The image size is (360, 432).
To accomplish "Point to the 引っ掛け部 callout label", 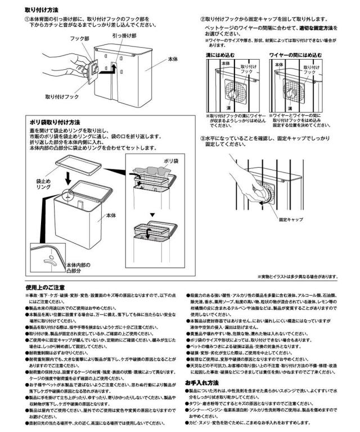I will tap(124, 35).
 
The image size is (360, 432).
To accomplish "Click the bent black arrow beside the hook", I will tap(115, 68).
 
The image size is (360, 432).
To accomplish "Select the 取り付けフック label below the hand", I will tap(62, 97).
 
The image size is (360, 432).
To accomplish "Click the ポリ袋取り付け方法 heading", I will tap(55, 122).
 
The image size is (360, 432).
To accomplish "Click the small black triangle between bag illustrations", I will tap(151, 214).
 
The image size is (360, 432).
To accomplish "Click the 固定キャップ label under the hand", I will tap(291, 220).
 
